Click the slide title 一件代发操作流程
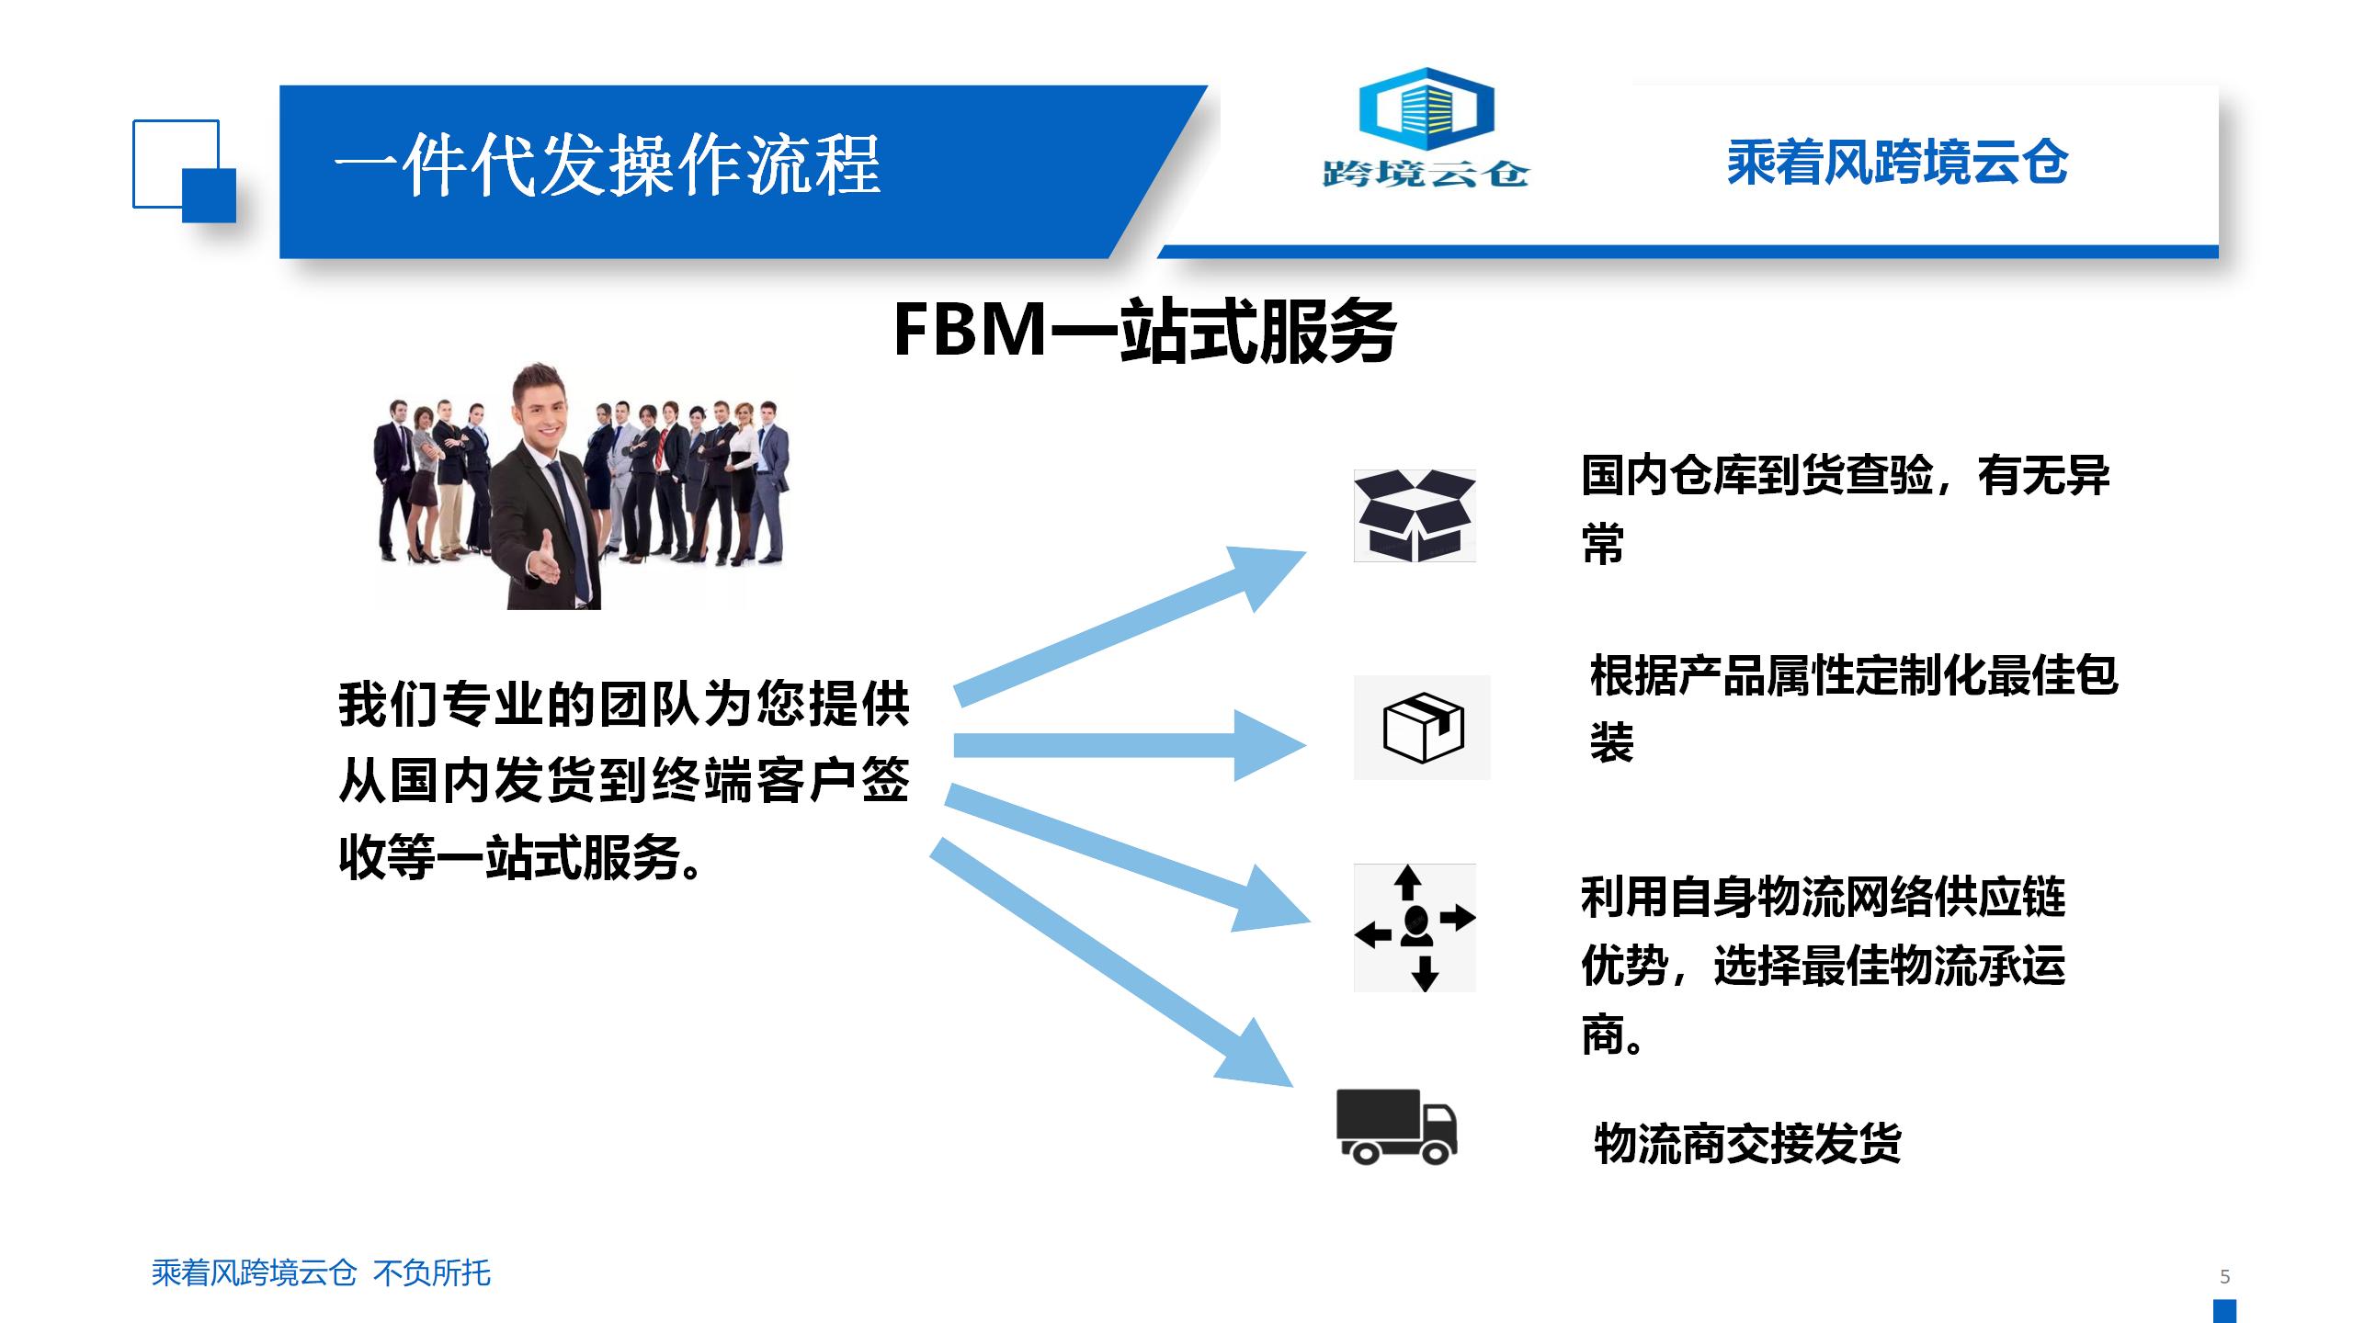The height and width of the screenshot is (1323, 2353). point(607,165)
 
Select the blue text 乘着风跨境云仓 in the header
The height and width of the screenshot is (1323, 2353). point(1897,164)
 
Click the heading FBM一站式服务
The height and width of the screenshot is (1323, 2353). point(1144,331)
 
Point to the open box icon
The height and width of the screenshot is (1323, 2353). point(1415,515)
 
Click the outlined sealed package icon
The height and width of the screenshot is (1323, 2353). point(1423,728)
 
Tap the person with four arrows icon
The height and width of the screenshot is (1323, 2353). point(1415,928)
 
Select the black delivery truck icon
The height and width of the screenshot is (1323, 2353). point(1396,1126)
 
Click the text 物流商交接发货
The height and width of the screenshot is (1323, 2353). point(1746,1144)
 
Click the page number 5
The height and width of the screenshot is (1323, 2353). point(2224,1276)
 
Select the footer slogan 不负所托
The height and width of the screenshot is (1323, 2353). point(432,1273)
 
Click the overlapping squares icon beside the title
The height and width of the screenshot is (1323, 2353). point(184,171)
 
